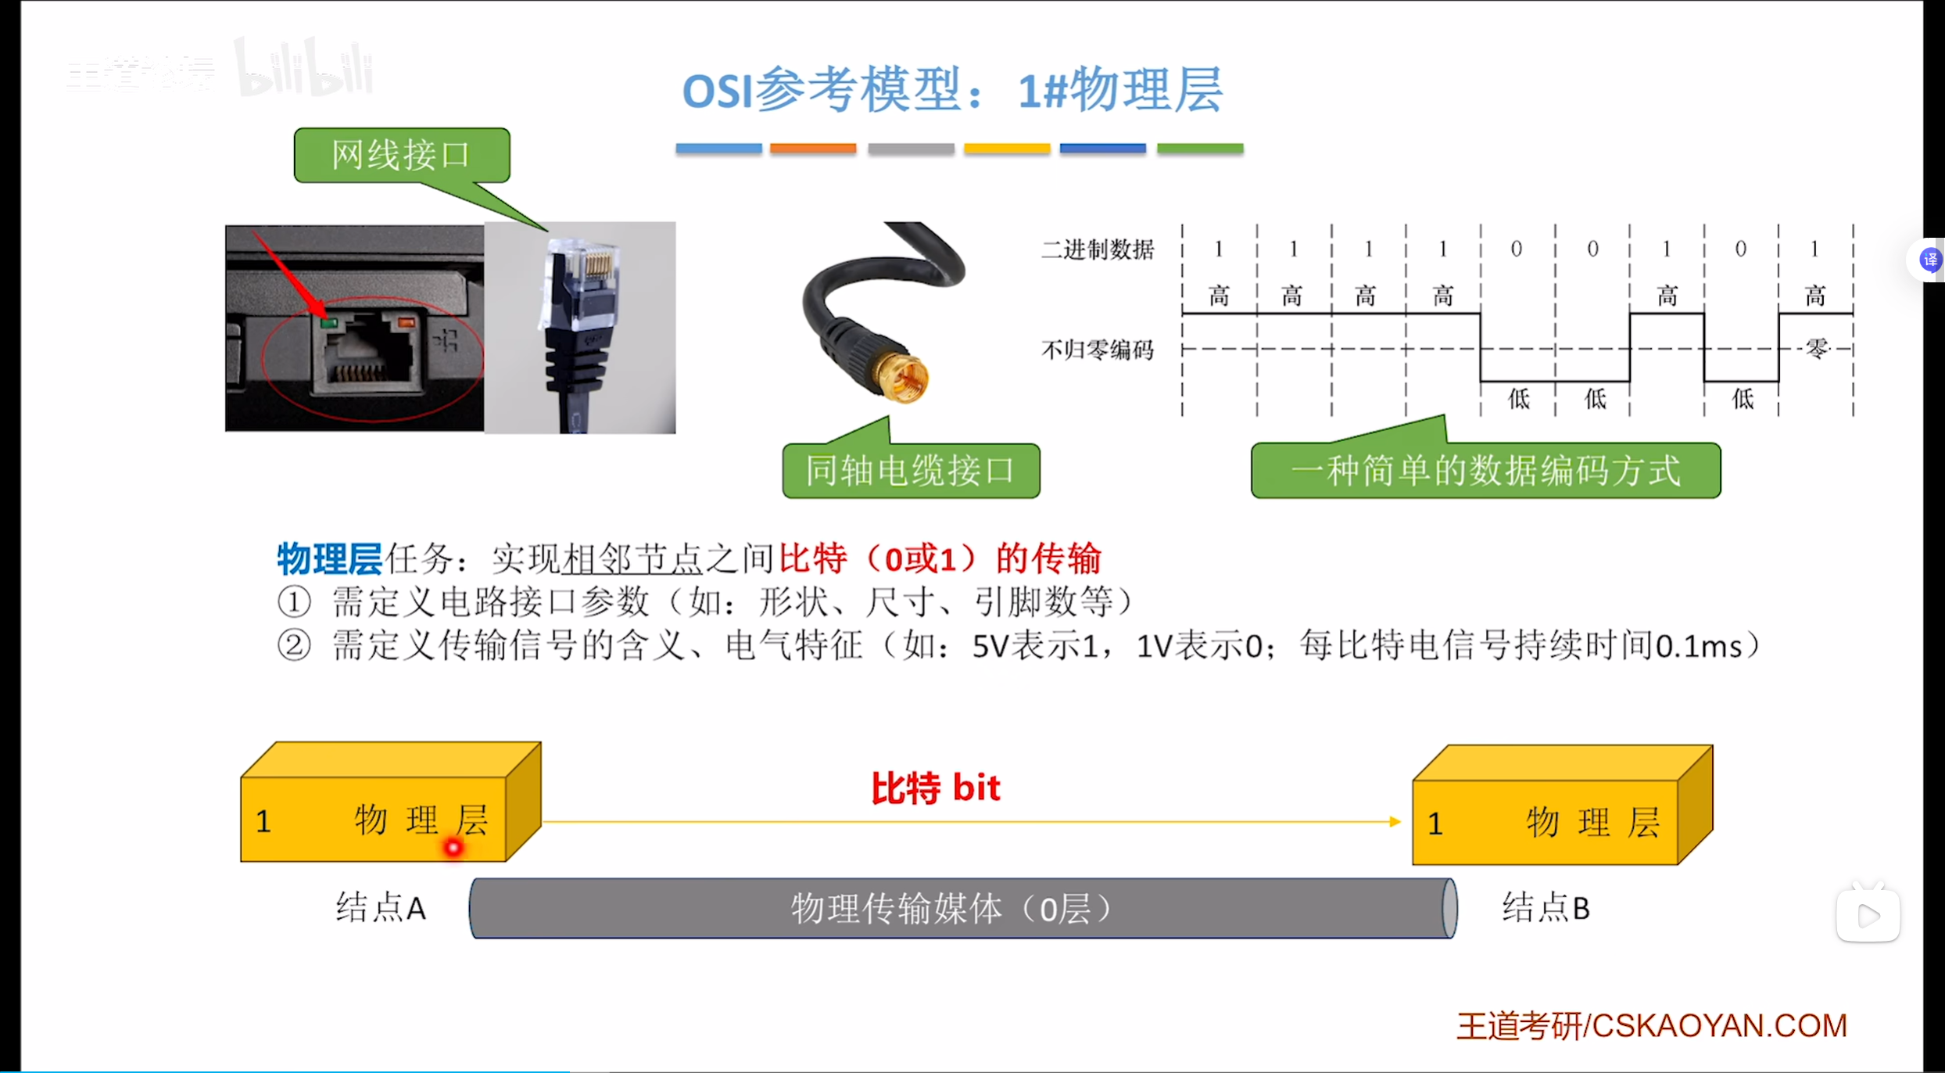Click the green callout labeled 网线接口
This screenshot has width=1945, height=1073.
401,155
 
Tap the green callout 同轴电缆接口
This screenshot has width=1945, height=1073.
911,471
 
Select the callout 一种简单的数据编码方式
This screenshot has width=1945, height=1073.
1485,471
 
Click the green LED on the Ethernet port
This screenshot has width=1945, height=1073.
329,322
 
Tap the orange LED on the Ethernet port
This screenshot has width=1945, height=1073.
406,321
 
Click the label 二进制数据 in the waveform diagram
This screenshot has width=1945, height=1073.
1098,249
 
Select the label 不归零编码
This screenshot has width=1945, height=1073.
1098,350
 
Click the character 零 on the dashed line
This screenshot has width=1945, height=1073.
1817,348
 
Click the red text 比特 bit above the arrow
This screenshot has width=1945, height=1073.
936,788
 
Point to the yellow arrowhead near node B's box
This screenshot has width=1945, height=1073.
1394,821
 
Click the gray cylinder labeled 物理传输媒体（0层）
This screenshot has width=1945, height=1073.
962,909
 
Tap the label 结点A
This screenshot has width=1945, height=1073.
381,908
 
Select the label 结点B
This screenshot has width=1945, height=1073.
1546,908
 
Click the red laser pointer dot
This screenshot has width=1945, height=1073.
453,847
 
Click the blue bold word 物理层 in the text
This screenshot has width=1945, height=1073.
329,558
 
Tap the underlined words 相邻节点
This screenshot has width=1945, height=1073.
632,558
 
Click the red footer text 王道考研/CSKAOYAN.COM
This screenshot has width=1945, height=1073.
1651,1025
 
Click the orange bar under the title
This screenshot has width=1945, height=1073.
812,148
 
